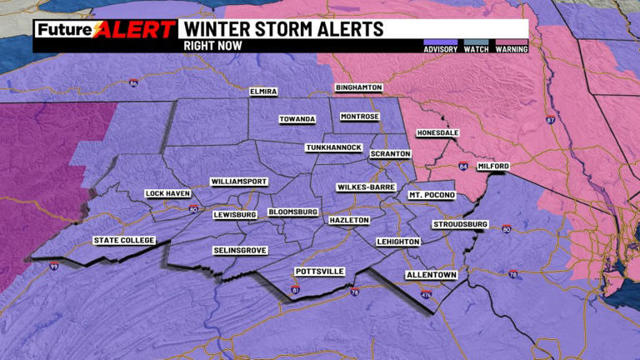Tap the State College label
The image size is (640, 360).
[x=124, y=241]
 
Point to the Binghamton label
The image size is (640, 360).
[x=358, y=87]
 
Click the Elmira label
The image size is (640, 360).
[x=263, y=91]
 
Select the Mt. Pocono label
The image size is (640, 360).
[x=432, y=195]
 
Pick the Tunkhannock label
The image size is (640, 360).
[x=333, y=147]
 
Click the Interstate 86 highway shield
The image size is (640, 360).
[x=133, y=82]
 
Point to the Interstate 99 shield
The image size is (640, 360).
[x=53, y=267]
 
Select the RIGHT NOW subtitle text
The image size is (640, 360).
[x=212, y=46]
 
